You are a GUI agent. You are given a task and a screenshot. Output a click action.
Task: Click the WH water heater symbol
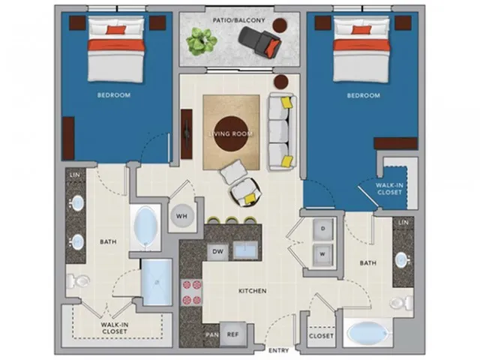click(x=181, y=216)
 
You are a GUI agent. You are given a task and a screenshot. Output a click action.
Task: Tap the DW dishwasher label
click(x=217, y=252)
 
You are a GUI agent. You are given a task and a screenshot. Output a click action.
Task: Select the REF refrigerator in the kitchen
click(x=233, y=334)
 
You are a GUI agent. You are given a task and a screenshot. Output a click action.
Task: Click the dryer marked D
click(x=322, y=229)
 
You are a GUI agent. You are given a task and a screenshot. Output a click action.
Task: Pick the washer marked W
click(x=322, y=254)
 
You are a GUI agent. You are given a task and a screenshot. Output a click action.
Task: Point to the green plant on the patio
click(x=202, y=41)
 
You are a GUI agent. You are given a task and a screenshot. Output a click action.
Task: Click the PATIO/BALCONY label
click(x=239, y=20)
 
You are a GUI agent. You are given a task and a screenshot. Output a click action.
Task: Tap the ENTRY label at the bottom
click(x=278, y=350)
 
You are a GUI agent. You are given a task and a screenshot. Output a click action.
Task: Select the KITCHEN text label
click(x=253, y=291)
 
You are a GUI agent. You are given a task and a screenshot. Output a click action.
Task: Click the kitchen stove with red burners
click(x=192, y=292)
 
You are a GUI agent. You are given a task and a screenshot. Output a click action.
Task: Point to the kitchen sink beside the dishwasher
click(x=245, y=251)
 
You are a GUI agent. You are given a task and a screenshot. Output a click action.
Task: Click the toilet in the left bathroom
click(x=78, y=280)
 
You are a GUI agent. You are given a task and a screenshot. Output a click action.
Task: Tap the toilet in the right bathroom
click(x=402, y=303)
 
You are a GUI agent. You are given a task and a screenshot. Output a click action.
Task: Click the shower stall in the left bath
click(x=157, y=282)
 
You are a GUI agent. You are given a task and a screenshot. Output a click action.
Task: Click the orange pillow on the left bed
click(x=116, y=30)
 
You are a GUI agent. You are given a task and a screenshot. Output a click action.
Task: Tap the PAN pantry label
click(x=212, y=335)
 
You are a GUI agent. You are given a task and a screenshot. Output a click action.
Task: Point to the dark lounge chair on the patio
click(x=260, y=41)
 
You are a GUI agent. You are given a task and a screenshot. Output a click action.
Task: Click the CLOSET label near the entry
click(x=321, y=336)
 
